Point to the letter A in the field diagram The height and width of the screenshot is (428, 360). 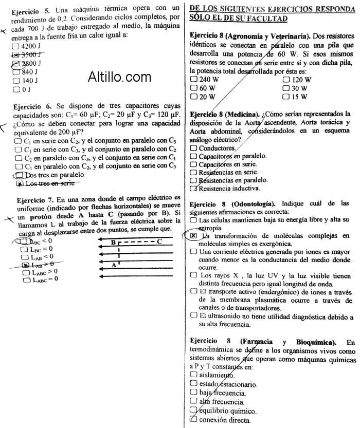(114, 265)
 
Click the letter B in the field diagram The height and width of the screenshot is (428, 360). (114, 241)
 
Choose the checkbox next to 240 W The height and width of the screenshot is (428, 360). (193, 80)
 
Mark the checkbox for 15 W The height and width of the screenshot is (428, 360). (286, 97)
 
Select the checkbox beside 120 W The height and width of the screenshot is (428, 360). (286, 80)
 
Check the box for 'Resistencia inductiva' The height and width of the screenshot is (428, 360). (193, 188)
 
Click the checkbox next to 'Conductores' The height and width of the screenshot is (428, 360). (193, 147)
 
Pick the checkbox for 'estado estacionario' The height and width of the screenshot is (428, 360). (193, 384)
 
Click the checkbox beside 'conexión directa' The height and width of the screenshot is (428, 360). (193, 419)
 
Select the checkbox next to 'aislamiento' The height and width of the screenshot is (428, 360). (193, 375)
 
